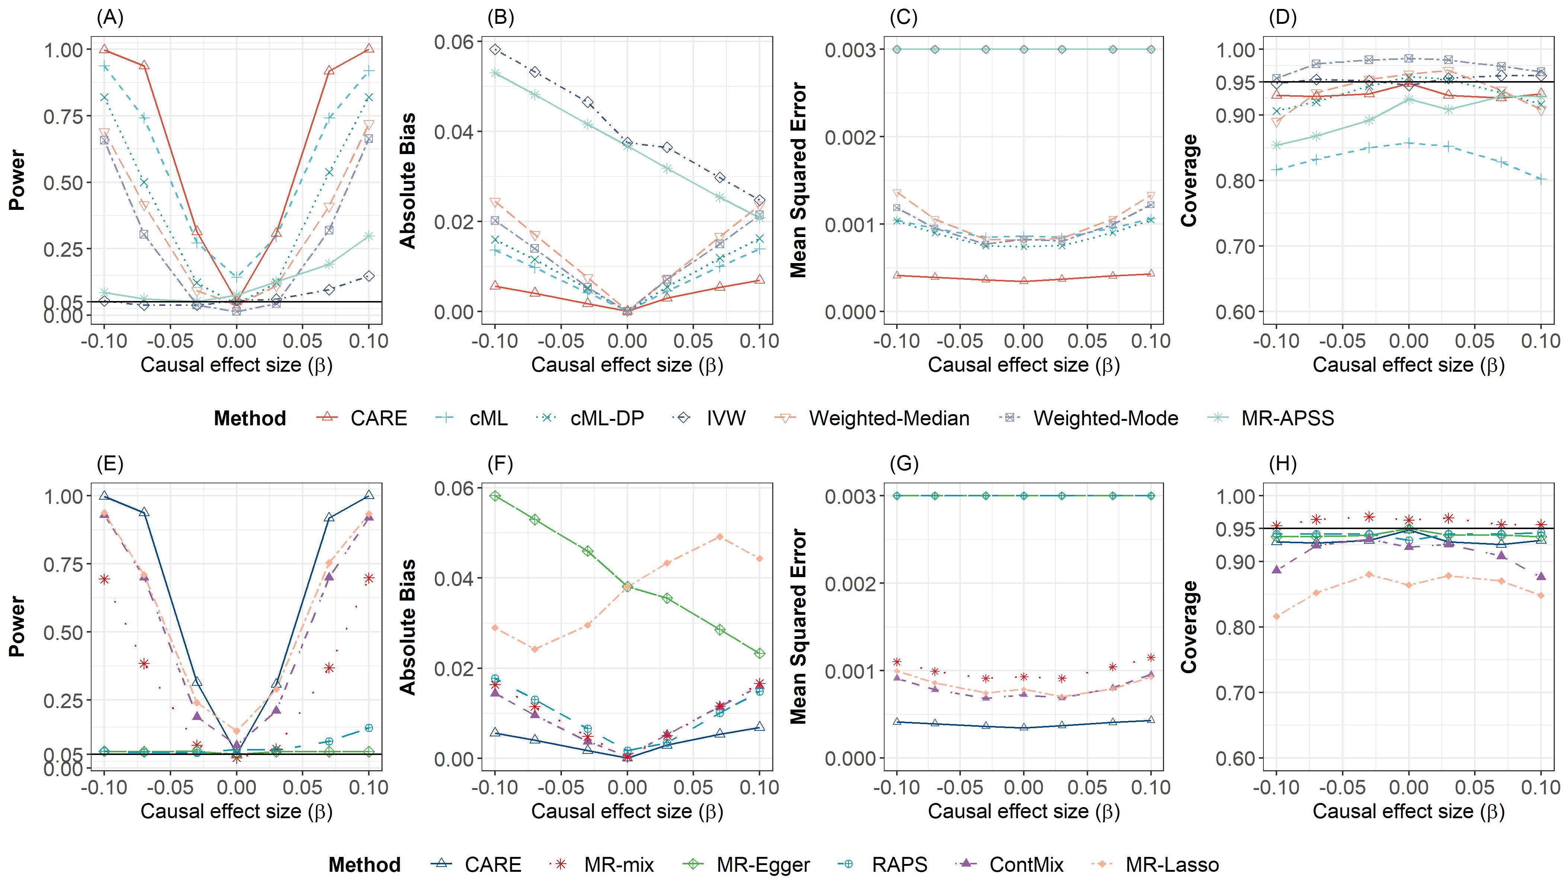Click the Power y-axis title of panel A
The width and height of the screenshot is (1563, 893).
(x=17, y=180)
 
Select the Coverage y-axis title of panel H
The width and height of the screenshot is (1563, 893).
(x=1189, y=627)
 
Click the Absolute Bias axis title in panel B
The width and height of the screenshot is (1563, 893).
(x=408, y=180)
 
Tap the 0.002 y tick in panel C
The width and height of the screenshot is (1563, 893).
(x=850, y=137)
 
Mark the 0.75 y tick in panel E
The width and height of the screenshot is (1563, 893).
(x=63, y=564)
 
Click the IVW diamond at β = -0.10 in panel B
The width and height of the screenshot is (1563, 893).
(x=495, y=50)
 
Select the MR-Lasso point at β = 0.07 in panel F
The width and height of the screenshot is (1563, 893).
(x=720, y=537)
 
